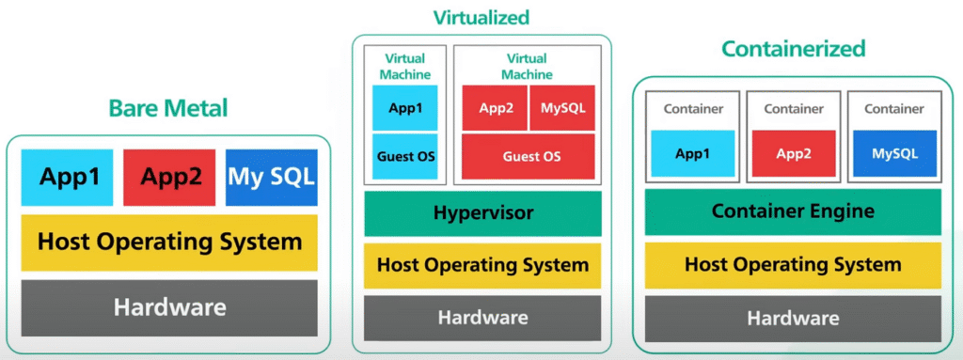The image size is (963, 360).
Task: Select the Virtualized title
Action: pyautogui.click(x=481, y=17)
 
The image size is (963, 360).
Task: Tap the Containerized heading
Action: pyautogui.click(x=793, y=48)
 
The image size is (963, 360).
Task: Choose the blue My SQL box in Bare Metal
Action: pyautogui.click(x=272, y=177)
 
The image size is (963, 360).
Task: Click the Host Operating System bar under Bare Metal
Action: pyautogui.click(x=169, y=242)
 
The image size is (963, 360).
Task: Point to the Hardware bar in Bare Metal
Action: pyautogui.click(x=169, y=306)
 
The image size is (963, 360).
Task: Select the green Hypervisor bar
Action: pyautogui.click(x=482, y=213)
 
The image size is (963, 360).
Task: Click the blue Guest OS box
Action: pyautogui.click(x=406, y=156)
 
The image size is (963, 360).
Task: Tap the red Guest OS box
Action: pyautogui.click(x=528, y=156)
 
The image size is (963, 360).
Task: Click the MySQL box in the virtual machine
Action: pyautogui.click(x=562, y=108)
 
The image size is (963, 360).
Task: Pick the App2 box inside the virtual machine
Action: pyautogui.click(x=496, y=108)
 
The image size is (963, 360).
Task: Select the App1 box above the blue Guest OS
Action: pyautogui.click(x=406, y=108)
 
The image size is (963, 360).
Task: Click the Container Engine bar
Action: pyautogui.click(x=793, y=211)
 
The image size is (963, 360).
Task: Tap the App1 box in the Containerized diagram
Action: pyautogui.click(x=692, y=153)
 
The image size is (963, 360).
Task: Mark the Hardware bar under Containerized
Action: pyautogui.click(x=793, y=319)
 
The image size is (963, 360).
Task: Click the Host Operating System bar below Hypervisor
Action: pyautogui.click(x=482, y=265)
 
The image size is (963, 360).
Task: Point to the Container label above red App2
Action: pyautogui.click(x=793, y=109)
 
